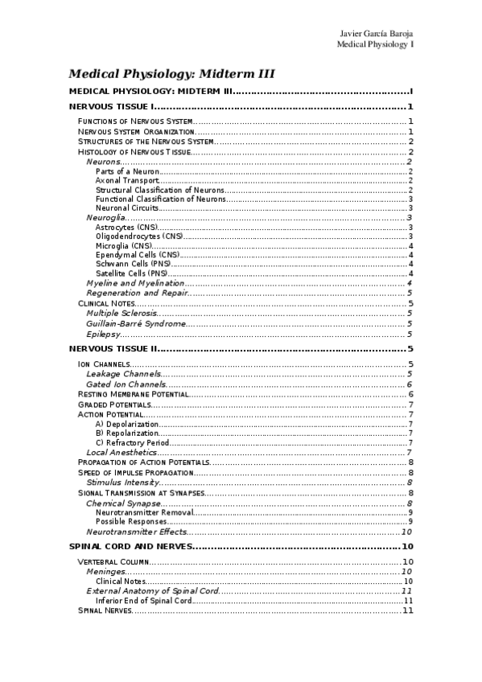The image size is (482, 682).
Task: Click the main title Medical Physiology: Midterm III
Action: coord(172,73)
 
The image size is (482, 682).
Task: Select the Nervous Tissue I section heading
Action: coord(109,107)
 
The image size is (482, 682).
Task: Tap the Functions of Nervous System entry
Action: coord(134,121)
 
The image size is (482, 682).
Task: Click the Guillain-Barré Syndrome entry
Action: coord(136,323)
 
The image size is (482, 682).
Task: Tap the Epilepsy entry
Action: coord(103,334)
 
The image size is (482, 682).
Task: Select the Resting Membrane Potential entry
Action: coord(134,394)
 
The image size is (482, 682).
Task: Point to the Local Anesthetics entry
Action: coord(121,452)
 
